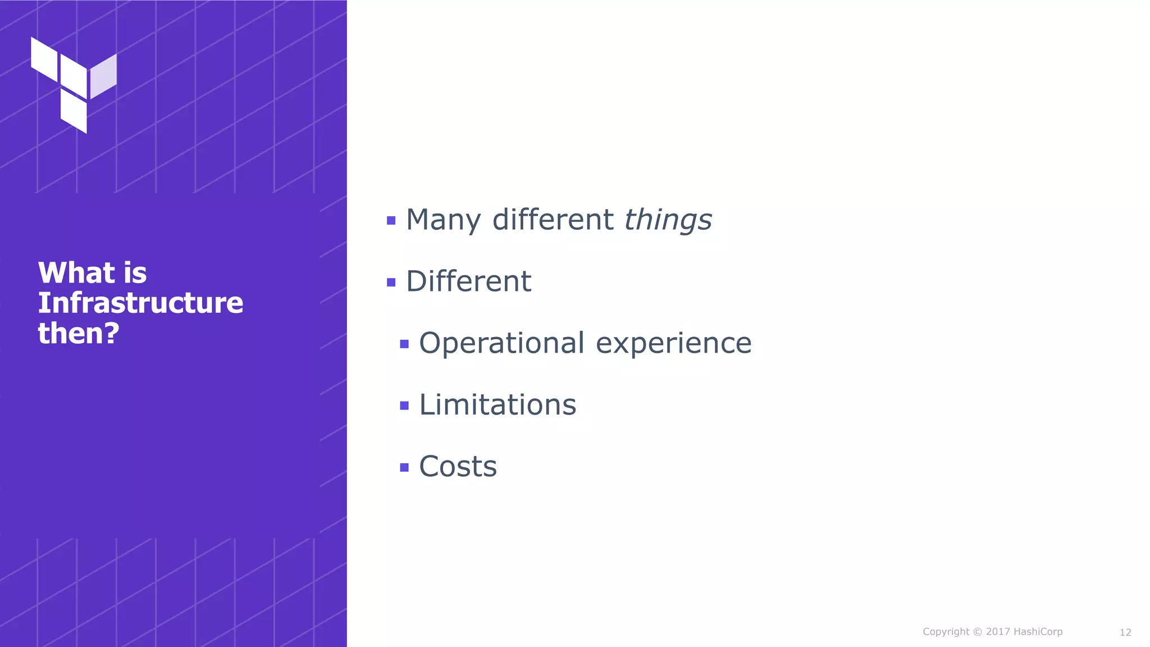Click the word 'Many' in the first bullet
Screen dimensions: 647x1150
point(443,220)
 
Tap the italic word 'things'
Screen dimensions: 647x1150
point(668,220)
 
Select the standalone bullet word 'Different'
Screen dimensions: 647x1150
point(468,281)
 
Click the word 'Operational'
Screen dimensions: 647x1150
point(502,343)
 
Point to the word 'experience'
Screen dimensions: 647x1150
point(673,343)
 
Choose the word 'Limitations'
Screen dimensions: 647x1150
point(498,405)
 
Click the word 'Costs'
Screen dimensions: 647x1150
point(458,467)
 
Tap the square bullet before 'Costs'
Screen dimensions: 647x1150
point(404,467)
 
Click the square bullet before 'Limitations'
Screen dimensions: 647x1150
point(404,405)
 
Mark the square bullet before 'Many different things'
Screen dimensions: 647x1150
point(391,221)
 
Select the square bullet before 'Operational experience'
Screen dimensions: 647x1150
point(404,344)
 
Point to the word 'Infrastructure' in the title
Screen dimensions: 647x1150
point(140,303)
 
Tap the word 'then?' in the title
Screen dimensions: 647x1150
point(79,333)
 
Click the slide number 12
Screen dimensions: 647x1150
point(1125,632)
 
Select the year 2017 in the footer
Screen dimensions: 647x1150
point(998,632)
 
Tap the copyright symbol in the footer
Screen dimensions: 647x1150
point(978,632)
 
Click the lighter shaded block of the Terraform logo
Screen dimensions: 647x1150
point(103,76)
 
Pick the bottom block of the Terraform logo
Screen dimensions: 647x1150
point(74,112)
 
